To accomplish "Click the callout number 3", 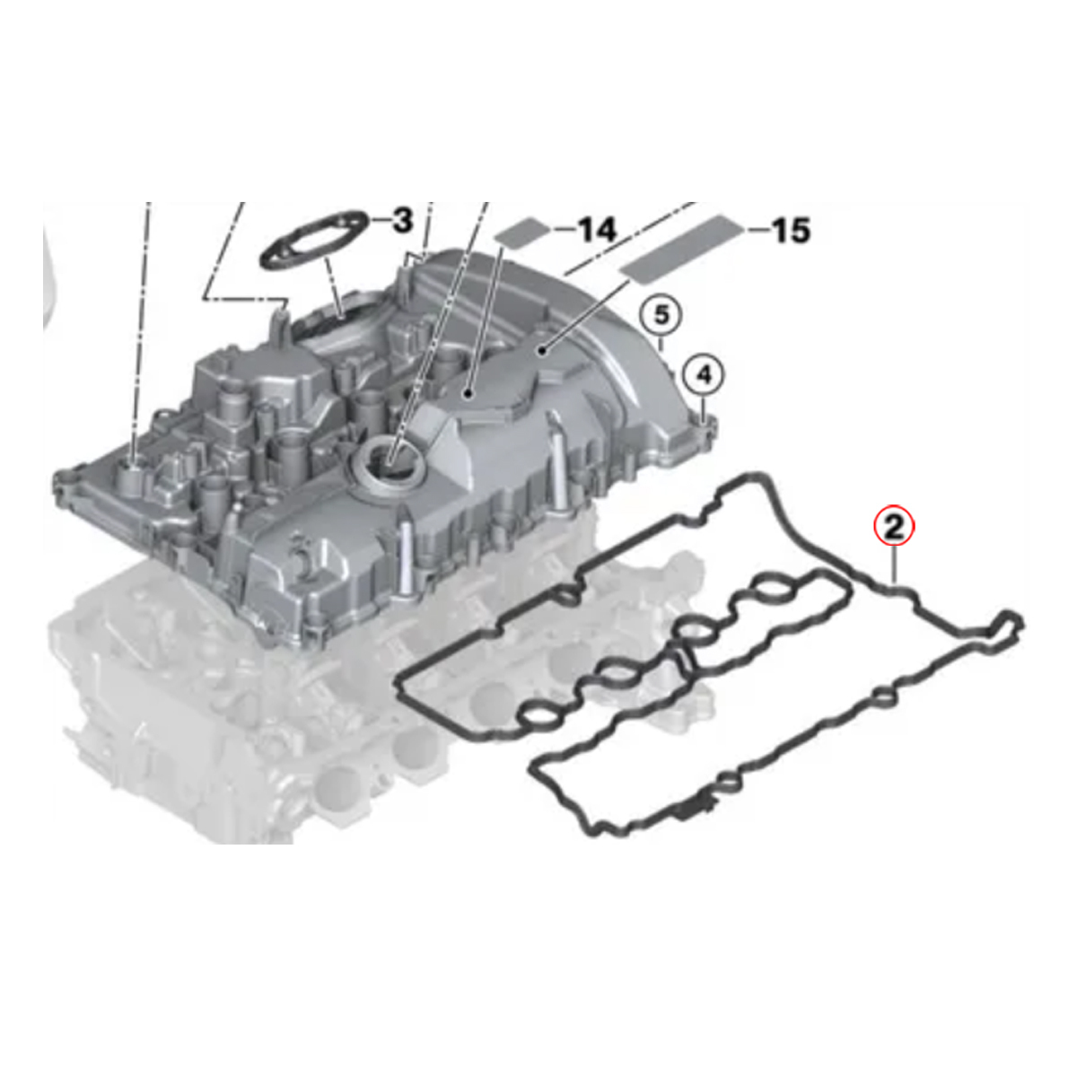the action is pyautogui.click(x=402, y=221).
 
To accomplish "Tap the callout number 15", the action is pyautogui.click(x=790, y=231).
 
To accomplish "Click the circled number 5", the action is pyautogui.click(x=661, y=316).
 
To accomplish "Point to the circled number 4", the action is pyautogui.click(x=705, y=375).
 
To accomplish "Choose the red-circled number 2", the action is pyautogui.click(x=894, y=528).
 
